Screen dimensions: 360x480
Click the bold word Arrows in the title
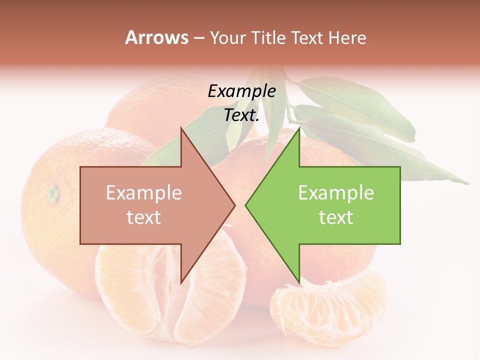coord(156,37)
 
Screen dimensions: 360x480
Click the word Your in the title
coord(227,37)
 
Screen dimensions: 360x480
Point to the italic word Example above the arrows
coord(241,91)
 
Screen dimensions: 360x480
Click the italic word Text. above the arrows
coord(241,115)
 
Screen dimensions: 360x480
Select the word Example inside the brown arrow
coord(143,192)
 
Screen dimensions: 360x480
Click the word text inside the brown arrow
coord(143,217)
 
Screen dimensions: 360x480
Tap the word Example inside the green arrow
coord(336,192)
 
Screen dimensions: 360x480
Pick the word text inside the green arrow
coord(336,217)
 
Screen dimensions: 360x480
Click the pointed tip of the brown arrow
coord(234,205)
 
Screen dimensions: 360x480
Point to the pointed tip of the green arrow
coord(246,205)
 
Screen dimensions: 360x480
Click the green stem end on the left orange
coord(52,191)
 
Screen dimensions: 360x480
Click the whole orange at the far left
coord(55,210)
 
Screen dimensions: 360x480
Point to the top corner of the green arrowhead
coord(299,129)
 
